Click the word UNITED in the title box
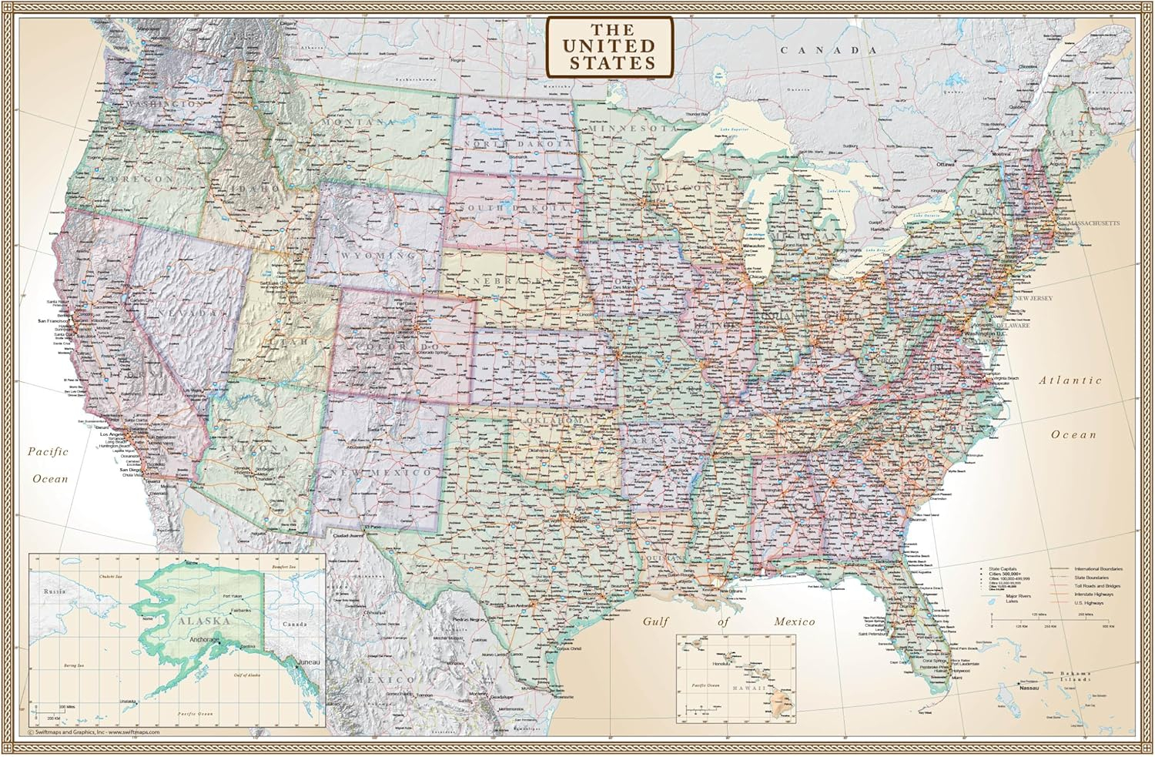click(x=610, y=46)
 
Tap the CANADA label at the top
click(x=829, y=50)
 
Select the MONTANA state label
click(x=359, y=122)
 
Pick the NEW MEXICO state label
click(x=380, y=472)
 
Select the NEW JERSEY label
click(x=1033, y=298)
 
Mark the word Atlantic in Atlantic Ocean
click(x=1070, y=380)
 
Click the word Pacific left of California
click(x=49, y=452)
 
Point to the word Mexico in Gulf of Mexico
click(x=795, y=621)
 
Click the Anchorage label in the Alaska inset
click(x=204, y=640)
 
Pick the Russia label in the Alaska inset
click(x=55, y=591)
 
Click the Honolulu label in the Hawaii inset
click(x=721, y=663)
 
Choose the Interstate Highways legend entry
click(x=1093, y=595)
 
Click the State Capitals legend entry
click(x=1003, y=569)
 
